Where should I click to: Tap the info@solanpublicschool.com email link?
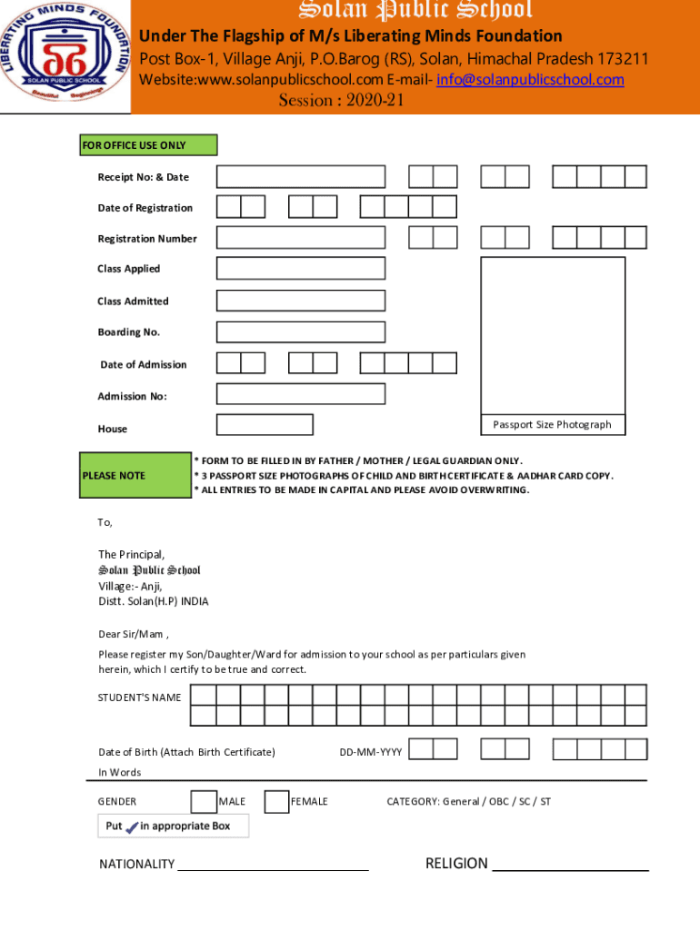point(530,80)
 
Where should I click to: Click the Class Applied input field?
point(301,269)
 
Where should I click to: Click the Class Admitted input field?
point(301,301)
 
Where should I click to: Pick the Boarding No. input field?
point(301,332)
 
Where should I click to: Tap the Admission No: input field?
point(301,393)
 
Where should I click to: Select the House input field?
point(265,425)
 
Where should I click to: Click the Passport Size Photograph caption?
point(553,425)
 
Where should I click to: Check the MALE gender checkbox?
point(204,801)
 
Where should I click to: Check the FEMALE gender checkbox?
point(276,801)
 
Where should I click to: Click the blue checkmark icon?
point(132,826)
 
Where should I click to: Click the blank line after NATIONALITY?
point(273,867)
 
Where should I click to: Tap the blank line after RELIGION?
point(570,867)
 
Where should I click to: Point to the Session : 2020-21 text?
point(341,101)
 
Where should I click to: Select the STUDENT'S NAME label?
point(140,697)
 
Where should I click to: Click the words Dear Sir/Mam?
point(133,634)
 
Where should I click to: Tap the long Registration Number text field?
point(301,238)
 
